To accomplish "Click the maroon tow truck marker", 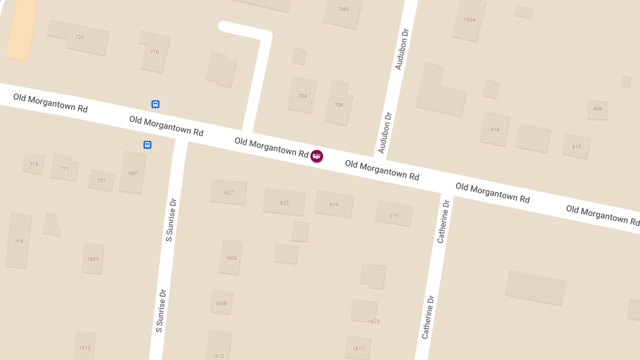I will [317, 156].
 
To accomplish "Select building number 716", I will [154, 52].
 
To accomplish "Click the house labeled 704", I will [302, 96].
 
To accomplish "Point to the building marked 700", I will [339, 105].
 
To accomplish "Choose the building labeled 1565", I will [343, 10].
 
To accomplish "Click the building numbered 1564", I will [469, 20].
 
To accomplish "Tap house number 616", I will [495, 130].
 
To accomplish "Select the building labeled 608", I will [597, 109].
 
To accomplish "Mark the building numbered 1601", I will [133, 173].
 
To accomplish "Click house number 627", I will [229, 193].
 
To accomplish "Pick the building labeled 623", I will [284, 203].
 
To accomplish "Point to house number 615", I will [394, 215].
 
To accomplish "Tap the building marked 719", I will [19, 241].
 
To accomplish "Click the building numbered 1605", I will [93, 259].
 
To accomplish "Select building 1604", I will [231, 258].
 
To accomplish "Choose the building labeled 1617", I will [358, 348].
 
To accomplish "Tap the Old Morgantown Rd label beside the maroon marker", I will [271, 148].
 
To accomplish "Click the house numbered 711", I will [64, 168].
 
